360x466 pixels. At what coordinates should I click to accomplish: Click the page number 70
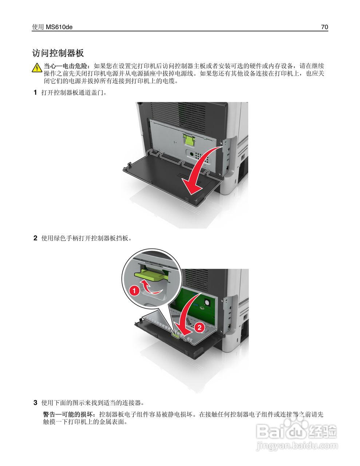pos(324,27)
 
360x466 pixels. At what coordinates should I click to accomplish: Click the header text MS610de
pos(59,27)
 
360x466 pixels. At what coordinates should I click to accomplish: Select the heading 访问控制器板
pos(58,53)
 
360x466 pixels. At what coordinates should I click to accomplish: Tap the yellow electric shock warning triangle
pos(37,68)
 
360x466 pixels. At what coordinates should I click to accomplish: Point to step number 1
pos(35,92)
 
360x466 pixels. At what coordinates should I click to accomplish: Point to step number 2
pos(35,238)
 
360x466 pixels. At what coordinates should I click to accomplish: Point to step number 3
pos(35,403)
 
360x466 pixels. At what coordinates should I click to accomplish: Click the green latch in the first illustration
pos(189,140)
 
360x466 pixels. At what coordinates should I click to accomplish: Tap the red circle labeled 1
pos(134,291)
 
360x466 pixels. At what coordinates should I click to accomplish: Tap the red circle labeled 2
pos(199,327)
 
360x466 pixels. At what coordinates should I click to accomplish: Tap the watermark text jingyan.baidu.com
pos(297,446)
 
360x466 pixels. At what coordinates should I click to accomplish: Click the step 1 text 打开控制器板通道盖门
pos(74,92)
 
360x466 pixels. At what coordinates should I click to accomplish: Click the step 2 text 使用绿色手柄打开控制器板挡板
pos(86,238)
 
